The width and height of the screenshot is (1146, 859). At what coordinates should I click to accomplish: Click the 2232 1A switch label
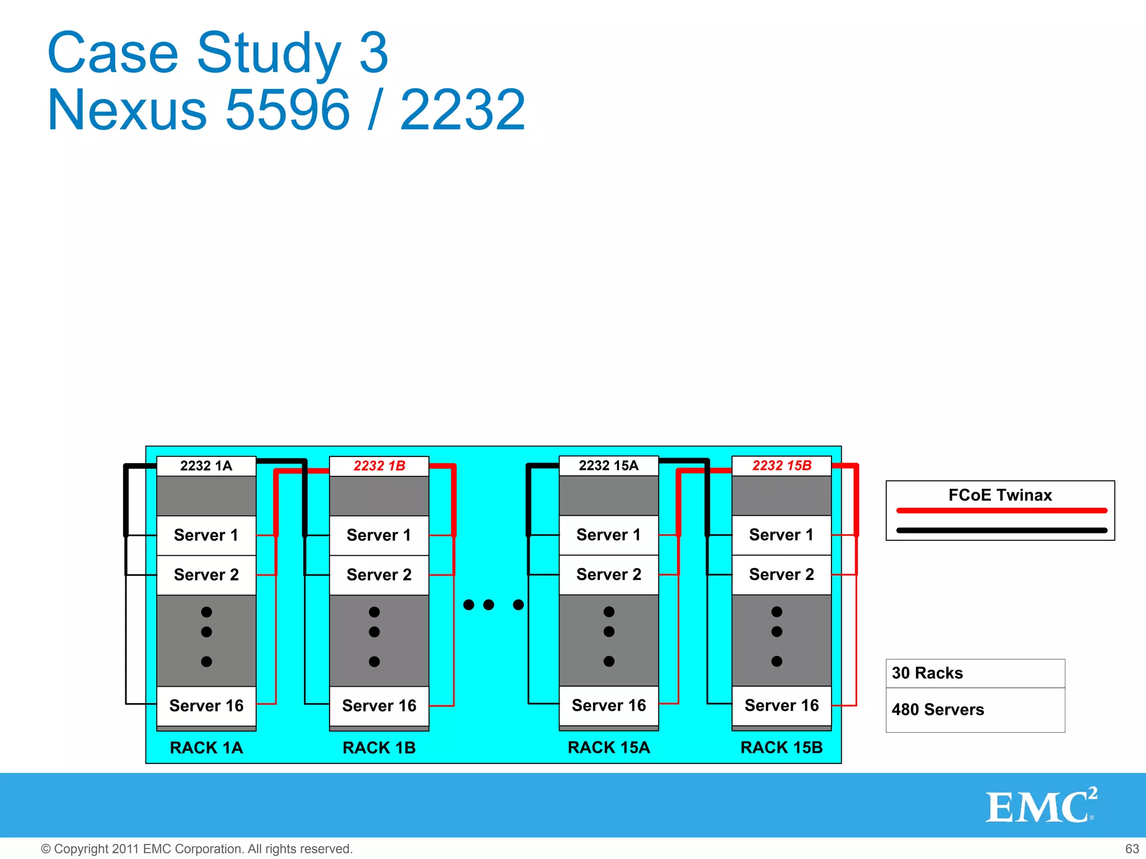click(206, 466)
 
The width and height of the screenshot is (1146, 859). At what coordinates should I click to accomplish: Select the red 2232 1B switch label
click(379, 466)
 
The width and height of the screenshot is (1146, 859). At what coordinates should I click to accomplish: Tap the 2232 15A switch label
click(608, 465)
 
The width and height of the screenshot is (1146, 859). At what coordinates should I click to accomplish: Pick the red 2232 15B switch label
click(781, 465)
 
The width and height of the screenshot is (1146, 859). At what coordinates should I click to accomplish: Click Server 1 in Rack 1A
click(206, 535)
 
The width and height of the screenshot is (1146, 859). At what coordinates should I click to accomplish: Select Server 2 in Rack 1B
click(379, 575)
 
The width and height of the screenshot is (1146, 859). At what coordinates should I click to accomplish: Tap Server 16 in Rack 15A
click(608, 706)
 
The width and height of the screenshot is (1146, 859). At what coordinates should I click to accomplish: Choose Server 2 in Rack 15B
click(781, 574)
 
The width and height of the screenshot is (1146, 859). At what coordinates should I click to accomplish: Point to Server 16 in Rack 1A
click(206, 706)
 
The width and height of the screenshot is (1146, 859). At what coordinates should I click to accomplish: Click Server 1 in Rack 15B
click(781, 535)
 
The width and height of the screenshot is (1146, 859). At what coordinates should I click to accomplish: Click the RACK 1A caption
click(206, 748)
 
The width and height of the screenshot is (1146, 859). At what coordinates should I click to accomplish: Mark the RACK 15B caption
click(781, 748)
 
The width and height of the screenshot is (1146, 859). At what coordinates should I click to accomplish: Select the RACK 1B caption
click(379, 748)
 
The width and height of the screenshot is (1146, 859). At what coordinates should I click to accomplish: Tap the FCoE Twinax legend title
click(1000, 495)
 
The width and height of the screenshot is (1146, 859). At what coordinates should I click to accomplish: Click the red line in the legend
click(1002, 511)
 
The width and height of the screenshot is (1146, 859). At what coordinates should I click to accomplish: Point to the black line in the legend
click(1002, 530)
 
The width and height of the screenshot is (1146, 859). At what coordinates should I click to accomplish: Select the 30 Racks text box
click(975, 673)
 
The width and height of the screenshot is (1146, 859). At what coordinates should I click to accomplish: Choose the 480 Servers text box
click(975, 710)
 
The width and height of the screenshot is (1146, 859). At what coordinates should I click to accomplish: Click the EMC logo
click(1040, 806)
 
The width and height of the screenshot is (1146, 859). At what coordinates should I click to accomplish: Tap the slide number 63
click(1131, 849)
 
